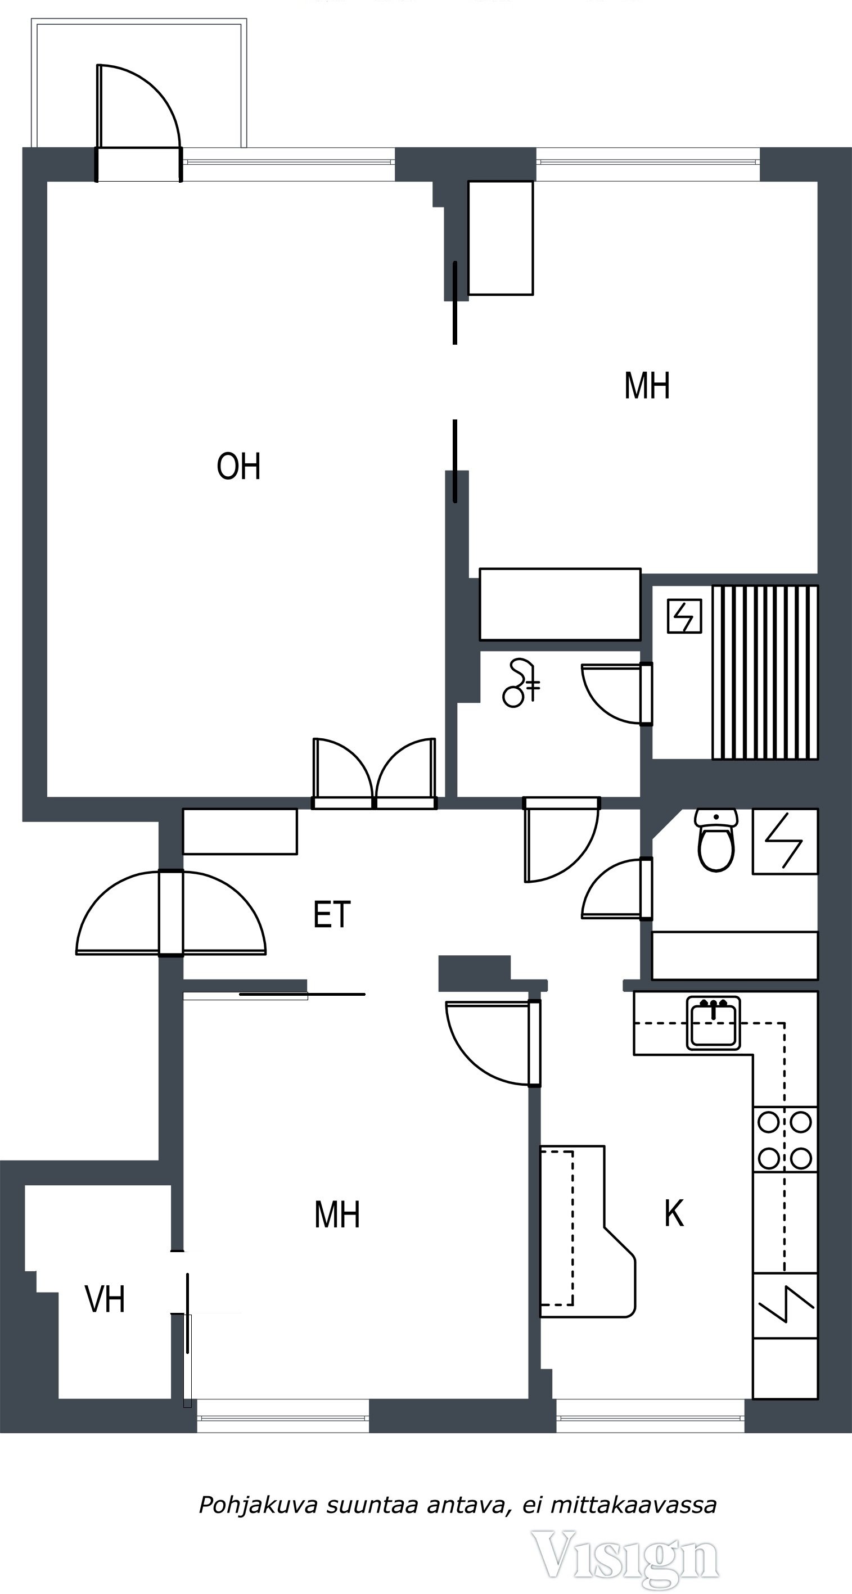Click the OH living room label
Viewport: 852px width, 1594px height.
click(x=238, y=467)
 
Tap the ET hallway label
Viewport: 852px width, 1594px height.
click(x=332, y=915)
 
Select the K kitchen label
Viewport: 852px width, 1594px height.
click(x=674, y=1213)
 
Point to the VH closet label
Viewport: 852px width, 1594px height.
click(x=105, y=1299)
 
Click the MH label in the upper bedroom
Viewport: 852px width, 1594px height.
click(x=647, y=386)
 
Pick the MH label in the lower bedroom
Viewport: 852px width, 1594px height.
click(x=337, y=1214)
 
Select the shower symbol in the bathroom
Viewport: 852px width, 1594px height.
click(x=521, y=683)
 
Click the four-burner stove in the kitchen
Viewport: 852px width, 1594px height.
click(x=785, y=1139)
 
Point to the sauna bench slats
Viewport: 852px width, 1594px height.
click(x=765, y=672)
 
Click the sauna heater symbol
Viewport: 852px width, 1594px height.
click(x=684, y=616)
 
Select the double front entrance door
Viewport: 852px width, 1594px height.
click(x=171, y=913)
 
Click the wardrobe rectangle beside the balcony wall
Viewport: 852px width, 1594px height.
click(x=501, y=238)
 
